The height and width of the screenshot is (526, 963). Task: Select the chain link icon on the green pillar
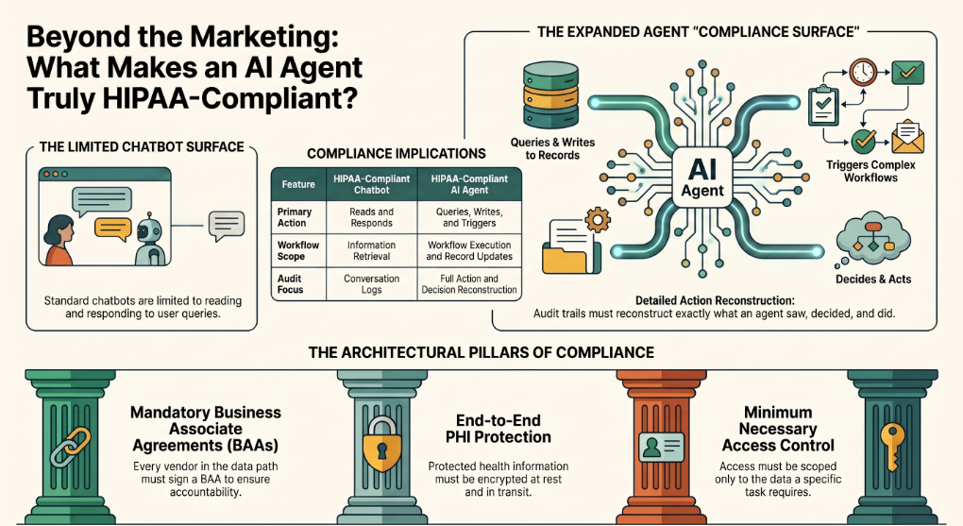70,447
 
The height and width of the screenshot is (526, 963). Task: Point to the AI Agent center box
702,178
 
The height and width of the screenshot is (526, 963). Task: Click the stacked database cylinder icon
551,94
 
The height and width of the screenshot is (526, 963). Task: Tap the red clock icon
862,72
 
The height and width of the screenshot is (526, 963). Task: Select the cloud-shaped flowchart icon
872,240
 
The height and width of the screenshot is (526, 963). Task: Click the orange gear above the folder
598,220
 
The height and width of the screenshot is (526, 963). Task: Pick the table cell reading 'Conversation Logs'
372,284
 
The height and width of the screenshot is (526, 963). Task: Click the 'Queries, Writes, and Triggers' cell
469,217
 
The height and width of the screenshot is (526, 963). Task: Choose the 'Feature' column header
298,184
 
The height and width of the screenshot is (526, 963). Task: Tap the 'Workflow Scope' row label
297,250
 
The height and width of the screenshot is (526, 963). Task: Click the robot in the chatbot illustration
150,239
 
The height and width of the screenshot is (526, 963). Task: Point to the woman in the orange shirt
59,240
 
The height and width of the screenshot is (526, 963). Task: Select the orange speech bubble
113,229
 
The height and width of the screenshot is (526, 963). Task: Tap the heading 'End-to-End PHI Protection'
498,429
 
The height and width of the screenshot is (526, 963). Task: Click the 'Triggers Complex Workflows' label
870,172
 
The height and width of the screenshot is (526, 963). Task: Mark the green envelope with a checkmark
907,73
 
